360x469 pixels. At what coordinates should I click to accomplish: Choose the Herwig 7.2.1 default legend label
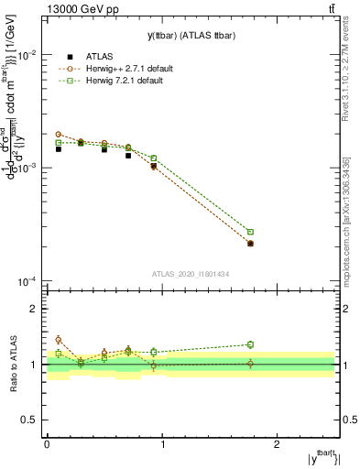123,81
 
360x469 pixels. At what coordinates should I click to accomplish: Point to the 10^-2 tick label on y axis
27,55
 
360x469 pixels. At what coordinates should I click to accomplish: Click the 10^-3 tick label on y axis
27,169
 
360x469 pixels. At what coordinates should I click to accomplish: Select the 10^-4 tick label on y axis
27,281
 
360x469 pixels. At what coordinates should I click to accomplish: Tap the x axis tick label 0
47,443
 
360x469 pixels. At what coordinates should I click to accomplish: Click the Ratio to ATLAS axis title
12,365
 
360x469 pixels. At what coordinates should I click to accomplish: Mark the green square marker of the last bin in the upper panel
250,232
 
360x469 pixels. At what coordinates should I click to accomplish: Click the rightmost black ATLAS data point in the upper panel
250,244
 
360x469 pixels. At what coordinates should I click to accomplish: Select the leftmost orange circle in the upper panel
58,135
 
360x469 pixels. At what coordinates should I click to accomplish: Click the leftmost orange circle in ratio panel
58,340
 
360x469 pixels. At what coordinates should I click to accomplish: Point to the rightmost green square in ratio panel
250,344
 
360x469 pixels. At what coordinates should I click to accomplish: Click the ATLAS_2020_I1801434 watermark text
190,274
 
